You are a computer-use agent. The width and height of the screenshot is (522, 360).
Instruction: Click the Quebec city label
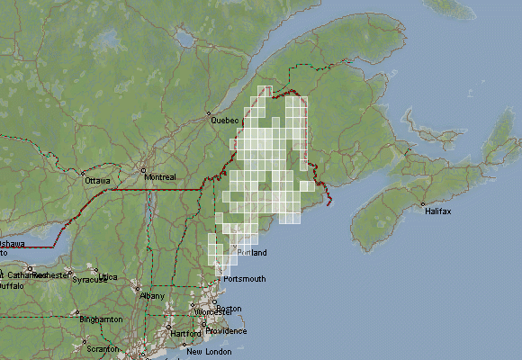pos(224,120)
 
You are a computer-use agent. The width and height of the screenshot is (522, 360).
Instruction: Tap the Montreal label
pos(159,177)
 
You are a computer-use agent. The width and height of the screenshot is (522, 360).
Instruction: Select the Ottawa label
pos(97,181)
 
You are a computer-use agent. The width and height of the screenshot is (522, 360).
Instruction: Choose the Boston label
pos(229,309)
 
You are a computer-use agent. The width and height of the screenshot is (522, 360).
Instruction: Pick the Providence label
pos(226,330)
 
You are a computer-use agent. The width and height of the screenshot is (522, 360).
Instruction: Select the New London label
pos(209,351)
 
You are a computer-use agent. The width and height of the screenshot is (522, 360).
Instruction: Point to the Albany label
pos(153,295)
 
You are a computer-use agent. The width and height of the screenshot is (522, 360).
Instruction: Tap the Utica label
pos(108,276)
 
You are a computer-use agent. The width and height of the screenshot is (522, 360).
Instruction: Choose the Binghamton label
pos(101,319)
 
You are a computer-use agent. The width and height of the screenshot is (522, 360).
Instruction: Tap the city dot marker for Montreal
pos(142,168)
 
